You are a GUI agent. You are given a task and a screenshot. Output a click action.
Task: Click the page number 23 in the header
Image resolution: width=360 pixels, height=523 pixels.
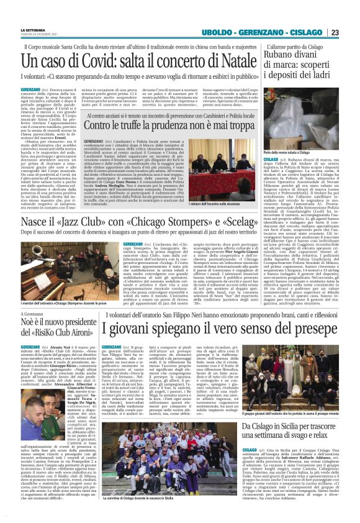[x=334, y=32]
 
